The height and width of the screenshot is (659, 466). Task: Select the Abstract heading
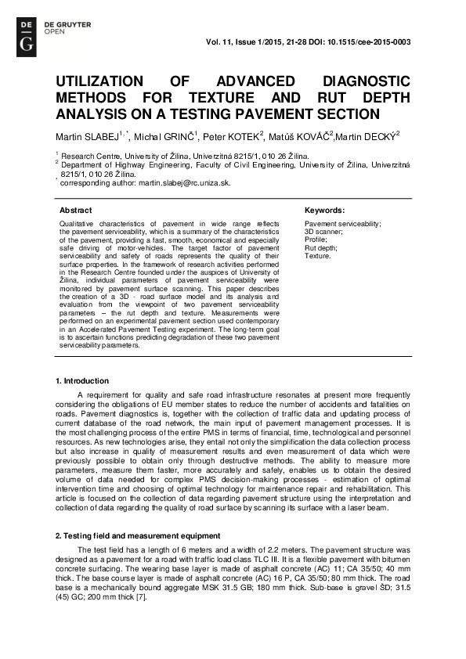(76, 211)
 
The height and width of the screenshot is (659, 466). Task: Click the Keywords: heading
(324, 211)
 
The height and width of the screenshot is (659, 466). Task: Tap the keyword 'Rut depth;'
(322, 248)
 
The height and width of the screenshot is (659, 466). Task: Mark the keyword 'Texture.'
(318, 256)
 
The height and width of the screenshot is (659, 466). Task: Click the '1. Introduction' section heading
(82, 380)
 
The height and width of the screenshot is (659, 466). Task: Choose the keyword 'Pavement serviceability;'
(342, 225)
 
